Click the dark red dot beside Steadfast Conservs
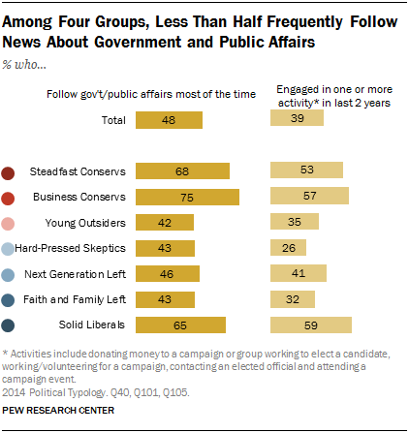click(x=9, y=172)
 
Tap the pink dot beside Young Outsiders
click(x=9, y=223)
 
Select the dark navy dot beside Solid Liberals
click(x=9, y=325)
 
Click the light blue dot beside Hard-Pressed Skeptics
click(x=9, y=249)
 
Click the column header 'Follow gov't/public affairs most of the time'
click(x=149, y=93)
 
